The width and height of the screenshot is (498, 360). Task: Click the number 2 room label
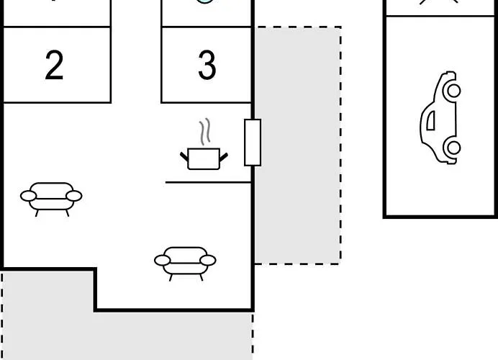click(54, 65)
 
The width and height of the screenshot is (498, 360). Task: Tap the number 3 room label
click(207, 65)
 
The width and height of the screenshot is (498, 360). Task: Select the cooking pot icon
click(204, 158)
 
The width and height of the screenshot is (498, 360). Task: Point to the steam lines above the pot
click(205, 132)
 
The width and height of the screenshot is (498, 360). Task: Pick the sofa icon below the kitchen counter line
click(185, 264)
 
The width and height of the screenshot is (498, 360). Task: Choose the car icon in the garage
click(440, 117)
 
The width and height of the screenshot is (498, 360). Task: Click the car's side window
click(430, 121)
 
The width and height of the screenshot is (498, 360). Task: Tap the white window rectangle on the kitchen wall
click(253, 143)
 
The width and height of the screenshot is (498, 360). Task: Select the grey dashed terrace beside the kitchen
click(298, 145)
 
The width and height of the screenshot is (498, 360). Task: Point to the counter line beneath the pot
click(209, 182)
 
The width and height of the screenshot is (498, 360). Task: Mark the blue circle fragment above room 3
click(205, 1)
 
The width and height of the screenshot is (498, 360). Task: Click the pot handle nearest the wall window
click(224, 157)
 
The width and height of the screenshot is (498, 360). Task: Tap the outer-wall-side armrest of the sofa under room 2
click(28, 196)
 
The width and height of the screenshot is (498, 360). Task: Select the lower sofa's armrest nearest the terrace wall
click(208, 260)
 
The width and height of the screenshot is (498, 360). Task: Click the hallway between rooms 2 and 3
click(136, 51)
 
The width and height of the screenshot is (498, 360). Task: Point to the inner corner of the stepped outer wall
click(95, 269)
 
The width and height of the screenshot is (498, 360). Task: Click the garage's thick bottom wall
click(440, 217)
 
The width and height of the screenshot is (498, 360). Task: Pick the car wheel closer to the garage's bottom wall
click(453, 148)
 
